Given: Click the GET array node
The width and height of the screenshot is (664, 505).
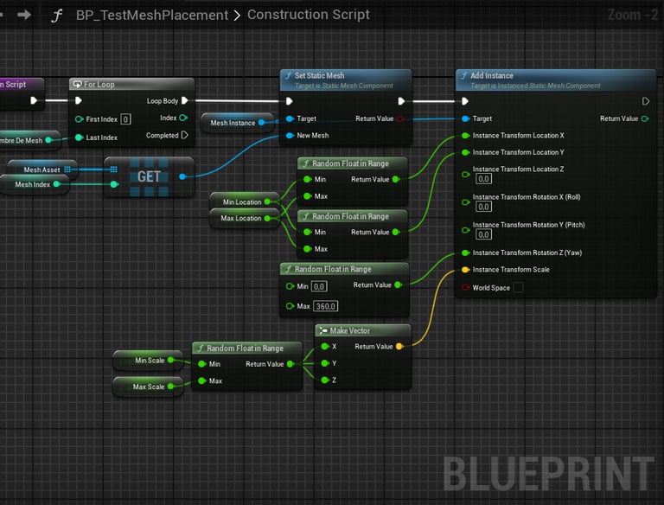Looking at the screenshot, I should (149, 176).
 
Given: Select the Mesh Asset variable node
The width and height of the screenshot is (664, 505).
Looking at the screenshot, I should (41, 169).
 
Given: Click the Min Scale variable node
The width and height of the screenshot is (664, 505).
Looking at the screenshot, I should (150, 361).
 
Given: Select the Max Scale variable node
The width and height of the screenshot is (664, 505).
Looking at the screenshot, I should (150, 387).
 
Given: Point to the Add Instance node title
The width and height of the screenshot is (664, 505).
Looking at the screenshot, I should (492, 76).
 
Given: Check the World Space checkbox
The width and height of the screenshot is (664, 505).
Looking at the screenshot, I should (518, 288).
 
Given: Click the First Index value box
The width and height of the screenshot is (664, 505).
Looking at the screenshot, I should (125, 118).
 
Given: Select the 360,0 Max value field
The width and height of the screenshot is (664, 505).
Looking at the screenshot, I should (325, 307).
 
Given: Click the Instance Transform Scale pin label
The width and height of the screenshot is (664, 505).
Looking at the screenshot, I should (510, 270).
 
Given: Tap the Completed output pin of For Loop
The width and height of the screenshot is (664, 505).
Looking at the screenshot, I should (185, 136).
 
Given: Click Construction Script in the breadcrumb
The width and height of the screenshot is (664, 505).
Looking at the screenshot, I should (309, 15).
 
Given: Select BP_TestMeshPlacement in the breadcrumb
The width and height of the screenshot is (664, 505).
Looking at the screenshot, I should (151, 15).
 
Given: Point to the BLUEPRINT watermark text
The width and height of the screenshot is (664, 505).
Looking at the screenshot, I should (548, 475).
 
